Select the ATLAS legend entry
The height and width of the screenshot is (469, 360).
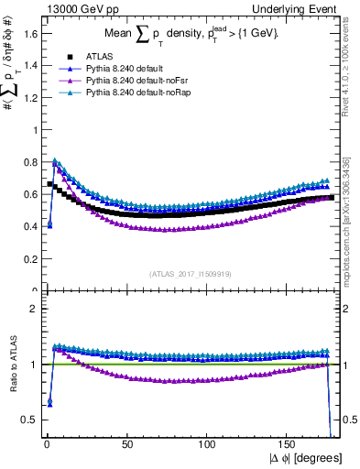click(x=98, y=57)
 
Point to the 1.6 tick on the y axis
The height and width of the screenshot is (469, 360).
click(x=29, y=33)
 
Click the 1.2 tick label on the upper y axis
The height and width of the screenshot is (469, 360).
click(x=29, y=97)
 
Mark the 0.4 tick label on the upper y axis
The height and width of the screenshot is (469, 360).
click(x=29, y=226)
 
